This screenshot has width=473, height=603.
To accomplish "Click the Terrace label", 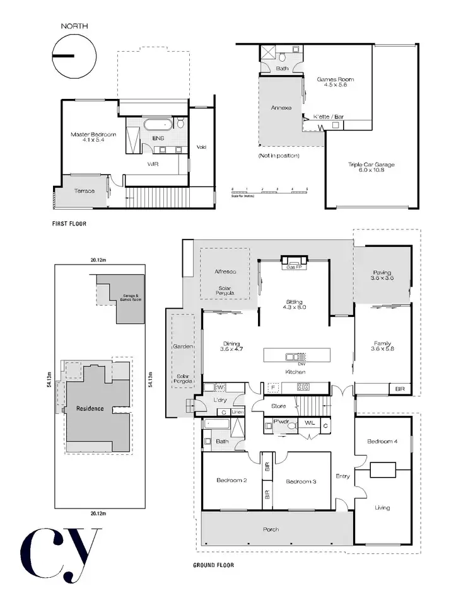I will [x=85, y=190].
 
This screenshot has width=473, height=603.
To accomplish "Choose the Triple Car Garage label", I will [x=371, y=167].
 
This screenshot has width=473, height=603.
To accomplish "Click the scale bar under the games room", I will [x=269, y=189].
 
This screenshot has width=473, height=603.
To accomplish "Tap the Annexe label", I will [x=281, y=108].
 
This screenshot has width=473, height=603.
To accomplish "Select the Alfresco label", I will [x=225, y=272].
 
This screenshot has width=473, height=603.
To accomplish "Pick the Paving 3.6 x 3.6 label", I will [x=382, y=275].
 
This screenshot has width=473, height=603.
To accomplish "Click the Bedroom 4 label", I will [x=382, y=442].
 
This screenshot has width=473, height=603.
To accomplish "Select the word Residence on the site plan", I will [x=90, y=408].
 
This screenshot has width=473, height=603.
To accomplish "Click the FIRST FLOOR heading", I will [x=69, y=224].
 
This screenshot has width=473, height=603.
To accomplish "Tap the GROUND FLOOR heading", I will [x=213, y=565].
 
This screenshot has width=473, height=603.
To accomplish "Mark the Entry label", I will [x=342, y=476].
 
